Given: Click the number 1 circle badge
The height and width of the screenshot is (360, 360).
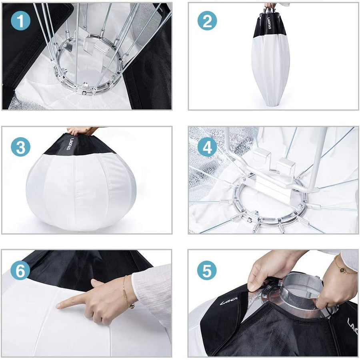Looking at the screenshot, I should tap(20, 21).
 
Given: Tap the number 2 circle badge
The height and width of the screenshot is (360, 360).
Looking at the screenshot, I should tap(207, 21).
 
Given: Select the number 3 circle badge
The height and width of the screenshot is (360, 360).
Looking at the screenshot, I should tap(20, 147).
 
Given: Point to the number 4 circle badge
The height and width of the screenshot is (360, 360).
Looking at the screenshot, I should tap(207, 147).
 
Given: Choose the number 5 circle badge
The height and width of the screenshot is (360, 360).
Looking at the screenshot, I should tap(207, 271).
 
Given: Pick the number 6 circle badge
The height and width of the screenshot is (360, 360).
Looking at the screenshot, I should tap(20, 271).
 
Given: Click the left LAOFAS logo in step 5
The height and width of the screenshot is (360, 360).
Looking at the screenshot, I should tap(228, 300).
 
